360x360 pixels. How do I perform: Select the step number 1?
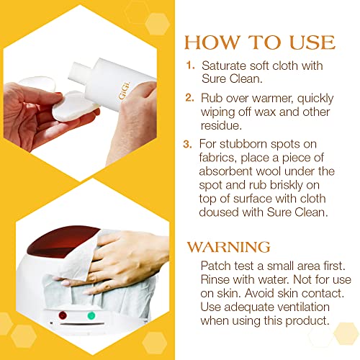pyautogui.click(x=190, y=64)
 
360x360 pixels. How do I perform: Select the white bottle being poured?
pyautogui.click(x=115, y=83)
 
